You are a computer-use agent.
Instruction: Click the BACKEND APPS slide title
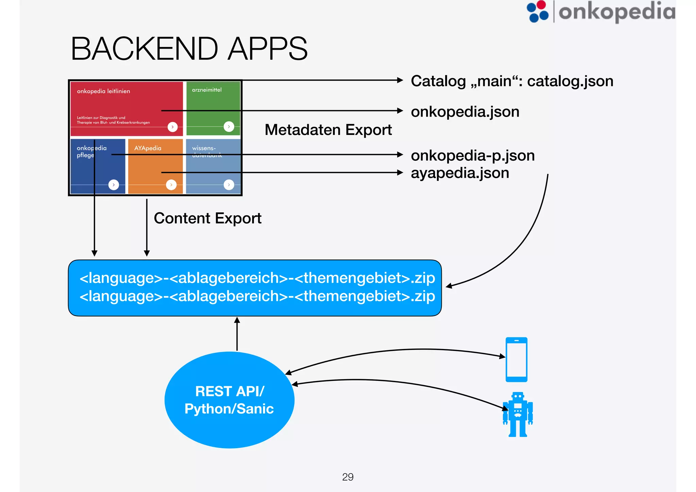tap(189, 49)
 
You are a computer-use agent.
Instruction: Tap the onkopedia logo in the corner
tap(601, 12)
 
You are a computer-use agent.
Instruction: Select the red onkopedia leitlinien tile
tap(126, 102)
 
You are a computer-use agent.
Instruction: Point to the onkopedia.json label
tap(465, 112)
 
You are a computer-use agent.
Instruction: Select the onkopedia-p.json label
tap(472, 156)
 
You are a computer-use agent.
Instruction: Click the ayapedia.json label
tap(460, 173)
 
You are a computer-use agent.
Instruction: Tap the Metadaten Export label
tap(328, 130)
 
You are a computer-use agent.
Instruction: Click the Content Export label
tap(207, 218)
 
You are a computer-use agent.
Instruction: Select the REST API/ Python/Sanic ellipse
tap(229, 400)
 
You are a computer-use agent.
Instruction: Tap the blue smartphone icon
tap(516, 359)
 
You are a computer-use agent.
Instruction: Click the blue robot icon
tap(518, 415)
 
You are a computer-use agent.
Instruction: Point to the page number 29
tap(348, 477)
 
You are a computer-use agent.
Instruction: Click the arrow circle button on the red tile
tap(173, 127)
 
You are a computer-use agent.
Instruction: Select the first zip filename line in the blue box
tap(257, 278)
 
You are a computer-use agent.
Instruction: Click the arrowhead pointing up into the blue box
tap(237, 320)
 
